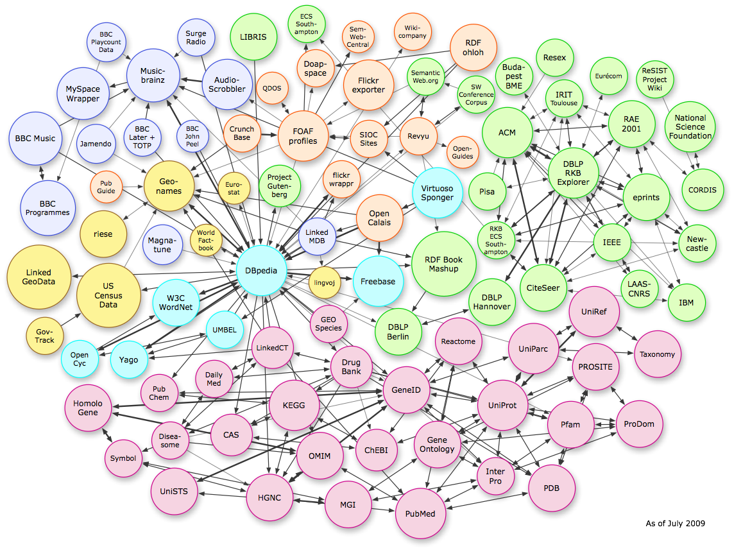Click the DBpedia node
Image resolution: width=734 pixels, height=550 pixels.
[261, 270]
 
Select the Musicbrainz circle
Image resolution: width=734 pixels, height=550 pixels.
[154, 76]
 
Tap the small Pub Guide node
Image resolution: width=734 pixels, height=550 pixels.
[106, 187]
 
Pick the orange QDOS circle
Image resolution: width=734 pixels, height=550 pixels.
[272, 89]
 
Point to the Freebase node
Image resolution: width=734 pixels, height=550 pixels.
[378, 281]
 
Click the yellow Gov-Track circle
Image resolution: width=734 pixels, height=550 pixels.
[45, 336]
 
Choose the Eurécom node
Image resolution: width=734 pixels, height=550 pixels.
[608, 76]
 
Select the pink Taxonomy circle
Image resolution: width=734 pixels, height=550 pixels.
[658, 354]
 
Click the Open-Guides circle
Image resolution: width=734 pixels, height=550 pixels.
[462, 151]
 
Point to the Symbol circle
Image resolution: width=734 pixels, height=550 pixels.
[123, 458]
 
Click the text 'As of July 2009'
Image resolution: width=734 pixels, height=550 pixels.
[675, 523]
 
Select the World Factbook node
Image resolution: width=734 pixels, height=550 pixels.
[206, 241]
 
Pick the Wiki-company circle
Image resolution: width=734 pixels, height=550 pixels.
[411, 32]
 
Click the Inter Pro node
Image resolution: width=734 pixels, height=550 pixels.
[495, 476]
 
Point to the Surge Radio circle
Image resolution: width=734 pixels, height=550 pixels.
[196, 38]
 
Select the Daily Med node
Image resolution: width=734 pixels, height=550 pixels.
[214, 379]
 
